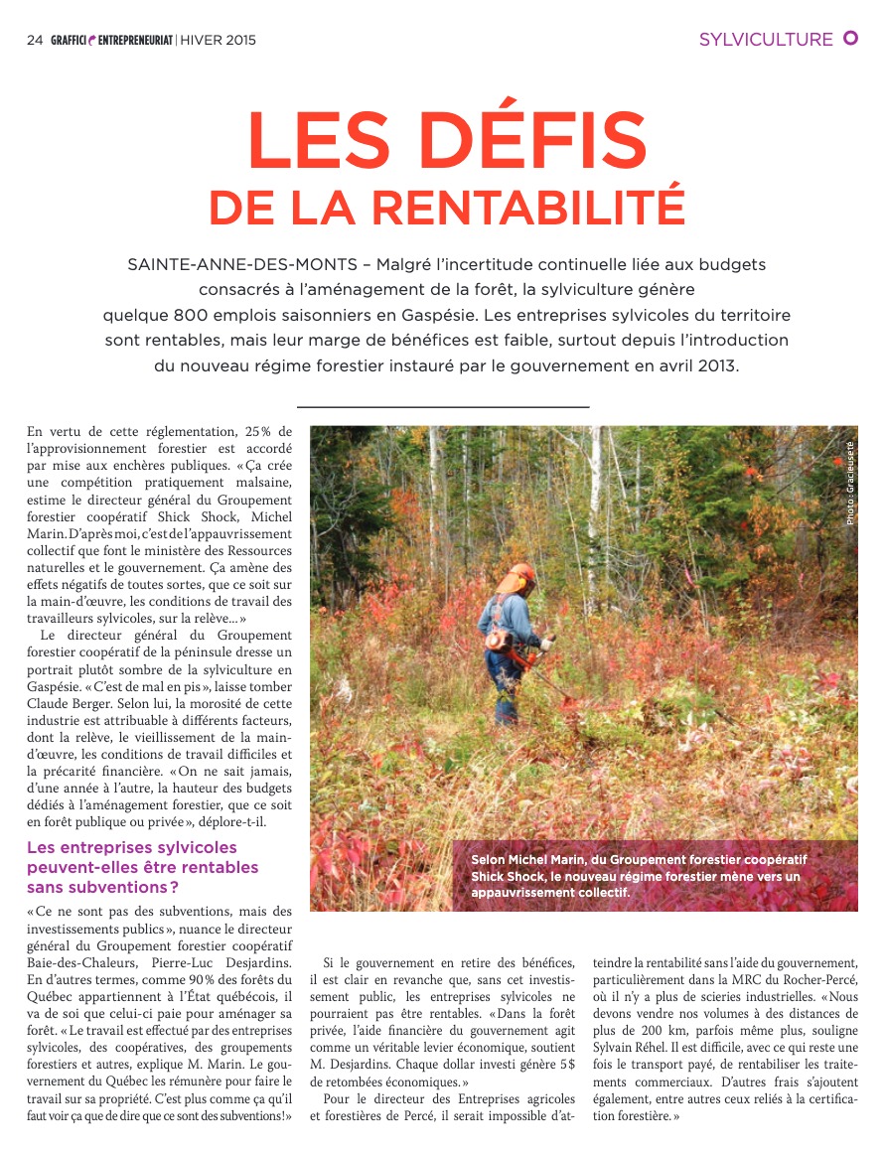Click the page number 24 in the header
pyautogui.click(x=34, y=41)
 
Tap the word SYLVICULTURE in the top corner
pyautogui.click(x=766, y=40)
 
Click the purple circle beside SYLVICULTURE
pyautogui.click(x=850, y=38)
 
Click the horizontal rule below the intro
pyautogui.click(x=443, y=407)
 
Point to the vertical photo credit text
pyautogui.click(x=850, y=484)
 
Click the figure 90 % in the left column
pyautogui.click(x=159, y=980)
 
